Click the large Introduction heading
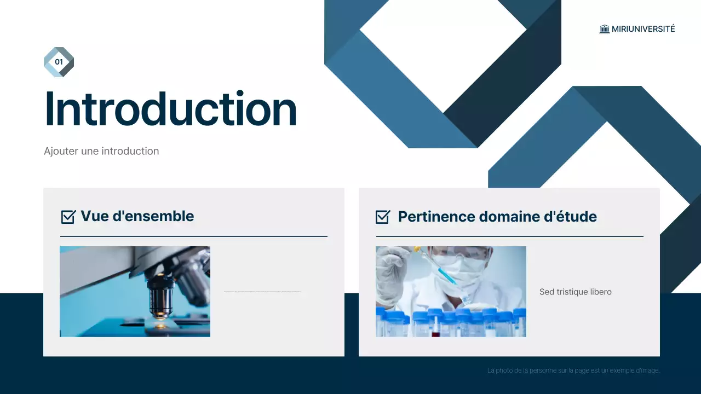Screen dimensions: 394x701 tap(170, 109)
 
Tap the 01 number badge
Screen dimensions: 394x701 tap(59, 62)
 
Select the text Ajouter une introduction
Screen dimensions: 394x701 tap(101, 151)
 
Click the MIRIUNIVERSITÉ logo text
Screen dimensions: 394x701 tap(643, 29)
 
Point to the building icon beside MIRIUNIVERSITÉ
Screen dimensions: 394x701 tap(604, 29)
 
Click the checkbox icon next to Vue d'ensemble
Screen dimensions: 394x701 tap(68, 217)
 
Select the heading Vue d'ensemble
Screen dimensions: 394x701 tap(137, 216)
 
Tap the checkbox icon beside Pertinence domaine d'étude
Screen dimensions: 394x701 tap(383, 217)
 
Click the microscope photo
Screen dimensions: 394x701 tap(135, 291)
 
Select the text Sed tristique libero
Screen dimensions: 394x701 tap(575, 292)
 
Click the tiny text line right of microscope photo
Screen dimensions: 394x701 tap(262, 292)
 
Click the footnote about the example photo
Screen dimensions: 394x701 tap(573, 370)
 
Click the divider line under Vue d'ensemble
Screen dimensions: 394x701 tap(193, 236)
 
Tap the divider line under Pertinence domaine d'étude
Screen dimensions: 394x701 tap(509, 236)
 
